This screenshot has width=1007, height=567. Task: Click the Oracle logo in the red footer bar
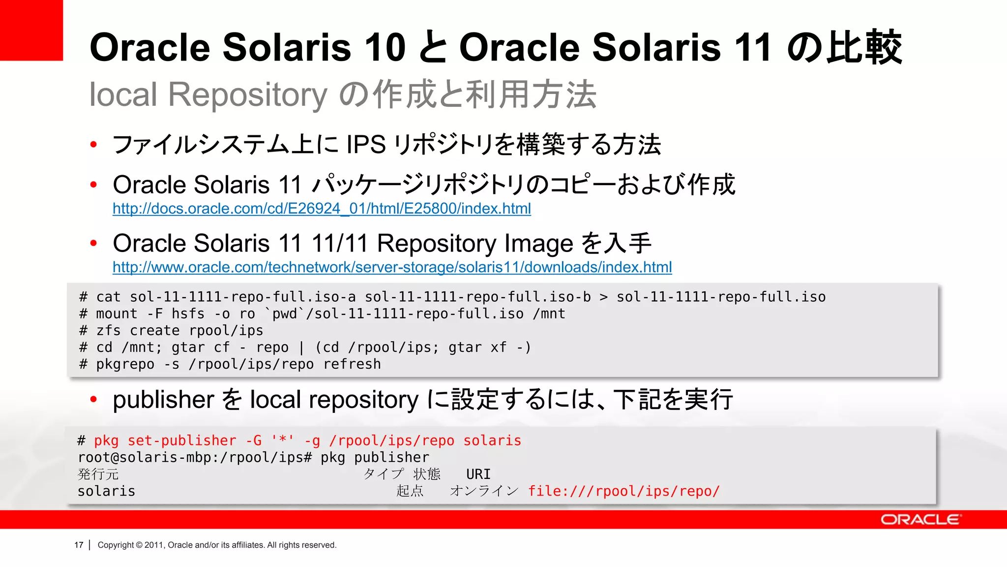920,520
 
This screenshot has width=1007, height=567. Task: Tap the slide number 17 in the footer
79,545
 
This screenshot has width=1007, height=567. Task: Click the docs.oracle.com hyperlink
322,209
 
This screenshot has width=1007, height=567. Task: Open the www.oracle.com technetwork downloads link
392,267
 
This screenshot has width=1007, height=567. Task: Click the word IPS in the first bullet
366,145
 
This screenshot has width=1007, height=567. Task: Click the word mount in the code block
117,314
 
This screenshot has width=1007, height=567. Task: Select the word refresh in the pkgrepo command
352,364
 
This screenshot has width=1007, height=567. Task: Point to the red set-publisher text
182,441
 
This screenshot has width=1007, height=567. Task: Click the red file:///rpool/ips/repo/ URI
623,491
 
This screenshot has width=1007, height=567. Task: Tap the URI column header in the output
478,474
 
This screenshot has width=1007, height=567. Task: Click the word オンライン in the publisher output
484,491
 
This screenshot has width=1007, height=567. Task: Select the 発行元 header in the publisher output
98,474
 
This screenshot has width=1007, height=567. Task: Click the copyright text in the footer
217,545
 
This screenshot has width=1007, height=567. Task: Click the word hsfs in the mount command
188,314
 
